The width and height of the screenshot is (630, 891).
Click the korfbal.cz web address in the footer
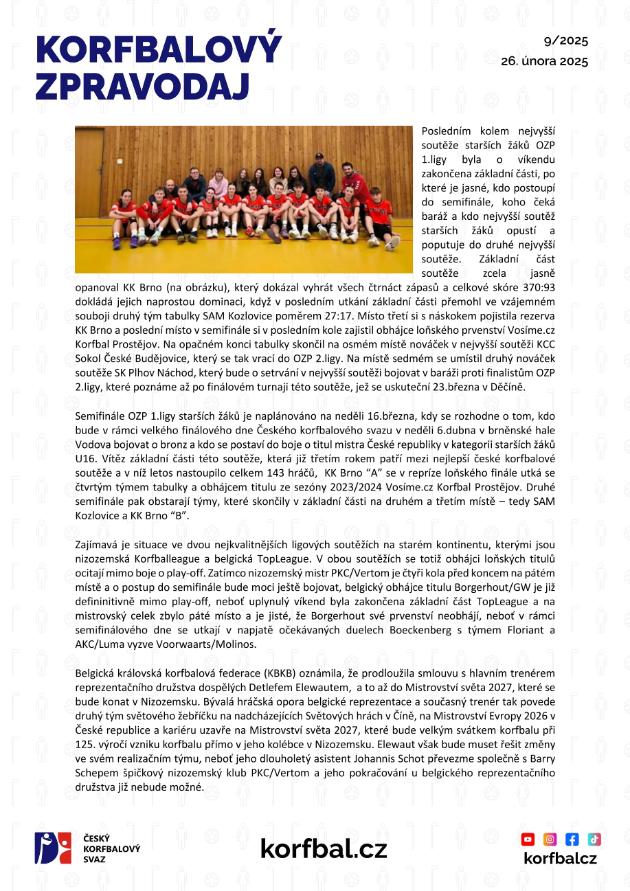pyautogui.click(x=323, y=849)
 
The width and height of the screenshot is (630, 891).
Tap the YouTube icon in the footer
pyautogui.click(x=530, y=839)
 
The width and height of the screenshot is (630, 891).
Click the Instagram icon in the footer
pyautogui.click(x=551, y=839)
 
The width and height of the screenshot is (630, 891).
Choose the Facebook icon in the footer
pyautogui.click(x=572, y=839)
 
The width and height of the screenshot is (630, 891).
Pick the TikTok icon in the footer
pyautogui.click(x=593, y=839)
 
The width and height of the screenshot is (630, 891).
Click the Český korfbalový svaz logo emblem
pyautogui.click(x=52, y=849)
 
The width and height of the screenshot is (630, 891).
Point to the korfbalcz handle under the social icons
pyautogui.click(x=560, y=859)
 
